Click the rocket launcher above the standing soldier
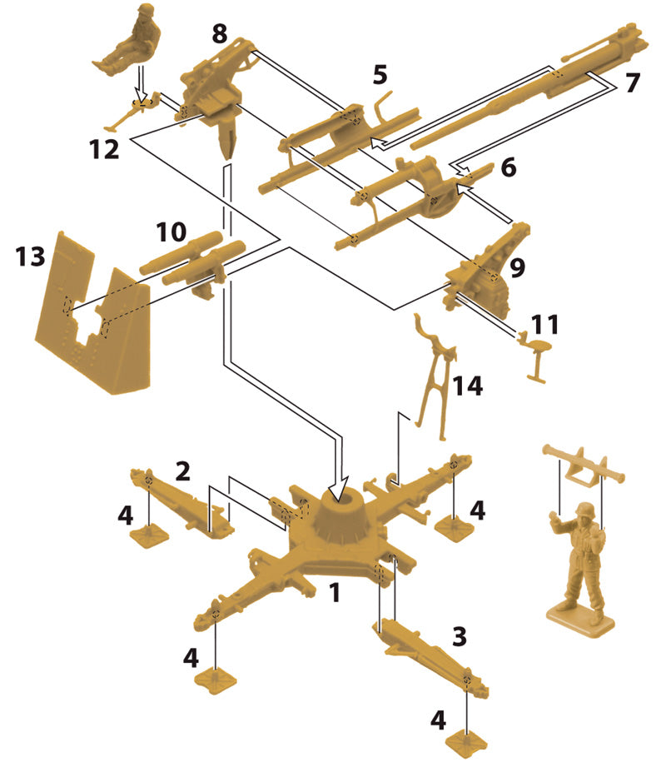click(x=583, y=461)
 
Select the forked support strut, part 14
click(x=435, y=375)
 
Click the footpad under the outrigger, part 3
click(x=466, y=737)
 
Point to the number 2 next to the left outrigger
click(x=182, y=471)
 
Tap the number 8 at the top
click(x=219, y=34)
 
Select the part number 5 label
click(x=380, y=76)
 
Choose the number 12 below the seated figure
click(x=109, y=150)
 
